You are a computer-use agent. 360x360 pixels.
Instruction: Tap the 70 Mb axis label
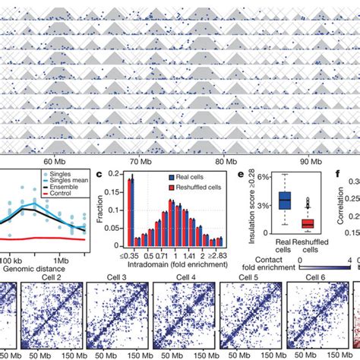141,162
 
